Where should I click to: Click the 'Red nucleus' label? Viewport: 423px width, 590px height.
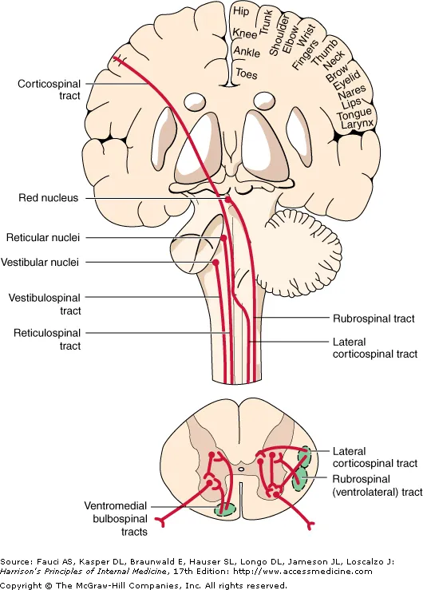49,198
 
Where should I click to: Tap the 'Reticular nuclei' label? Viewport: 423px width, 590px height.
45,237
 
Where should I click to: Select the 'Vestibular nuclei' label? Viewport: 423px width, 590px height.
46,262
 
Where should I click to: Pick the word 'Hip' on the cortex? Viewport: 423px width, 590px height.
240,12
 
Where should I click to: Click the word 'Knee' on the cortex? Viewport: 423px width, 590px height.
244,33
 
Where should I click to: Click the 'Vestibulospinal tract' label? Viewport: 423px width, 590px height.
45,303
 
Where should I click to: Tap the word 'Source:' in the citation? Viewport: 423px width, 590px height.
15,561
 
